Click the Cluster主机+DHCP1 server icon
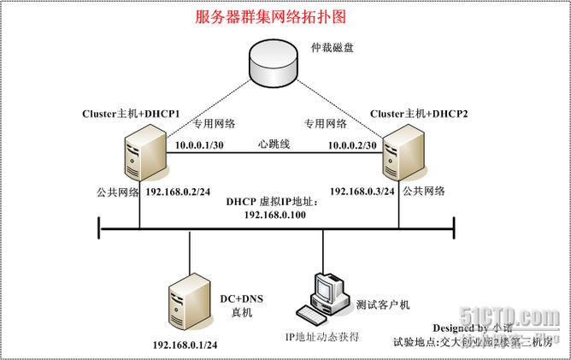click(139, 150)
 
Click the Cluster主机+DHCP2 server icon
click(399, 153)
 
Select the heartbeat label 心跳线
click(275, 144)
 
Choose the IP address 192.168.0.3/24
click(362, 191)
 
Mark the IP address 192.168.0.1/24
click(185, 344)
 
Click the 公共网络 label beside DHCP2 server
click(424, 191)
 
